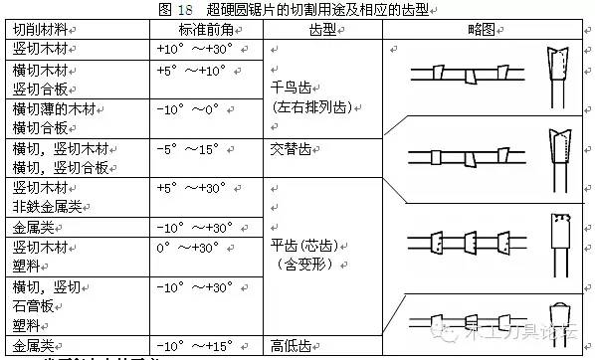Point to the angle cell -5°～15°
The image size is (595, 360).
pyautogui.click(x=187, y=148)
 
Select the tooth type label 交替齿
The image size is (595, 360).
pyautogui.click(x=291, y=148)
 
